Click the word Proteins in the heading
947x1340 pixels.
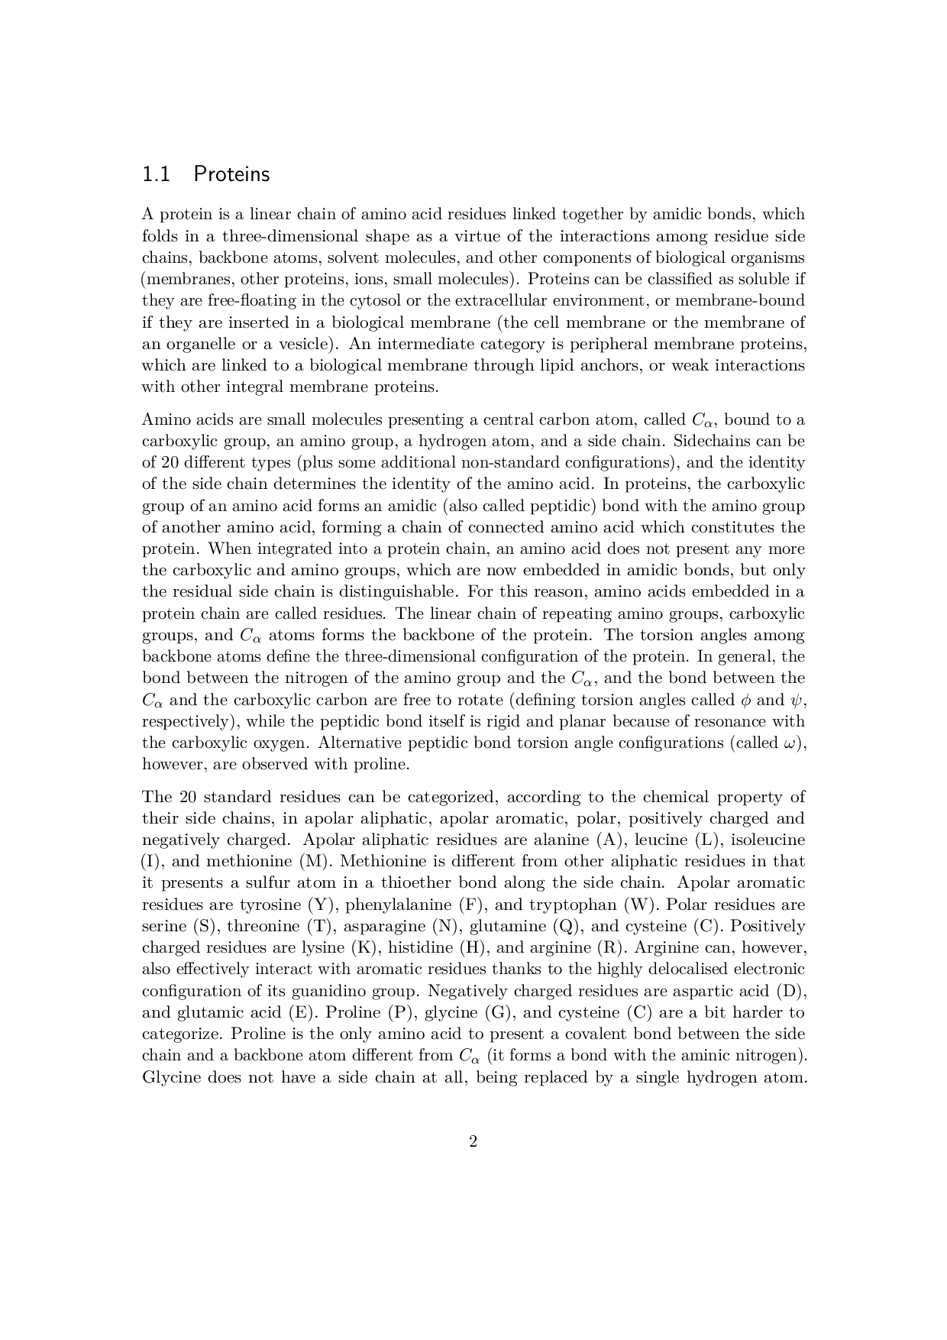[231, 175]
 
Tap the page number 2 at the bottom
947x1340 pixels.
[473, 1142]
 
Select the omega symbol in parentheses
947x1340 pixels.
[791, 743]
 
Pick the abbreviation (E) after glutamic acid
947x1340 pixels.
[304, 1012]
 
